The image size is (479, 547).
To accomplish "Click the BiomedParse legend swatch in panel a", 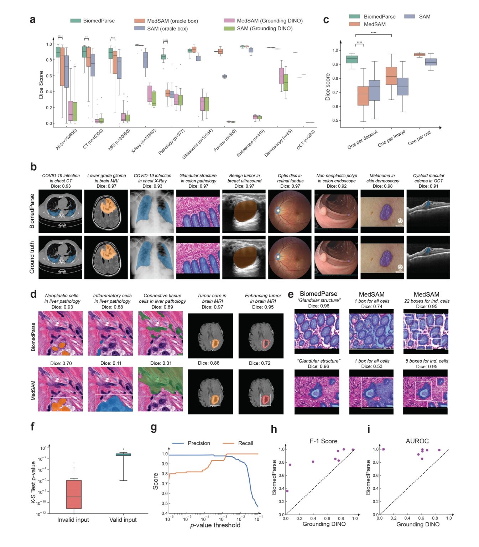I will pos(76,21).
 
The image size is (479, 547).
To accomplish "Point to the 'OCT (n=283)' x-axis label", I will pos(306,140).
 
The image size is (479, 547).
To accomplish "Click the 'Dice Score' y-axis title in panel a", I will pos(41,85).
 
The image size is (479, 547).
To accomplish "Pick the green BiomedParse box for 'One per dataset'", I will pos(352,59).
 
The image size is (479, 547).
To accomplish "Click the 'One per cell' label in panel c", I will pos(419,137).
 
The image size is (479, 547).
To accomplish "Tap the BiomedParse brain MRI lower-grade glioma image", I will pos(106,211).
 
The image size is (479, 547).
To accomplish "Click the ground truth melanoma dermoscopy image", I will pos(382,257).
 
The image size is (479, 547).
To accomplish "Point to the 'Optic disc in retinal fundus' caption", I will pos(290,178).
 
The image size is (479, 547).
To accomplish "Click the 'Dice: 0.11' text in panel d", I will pos(111,363).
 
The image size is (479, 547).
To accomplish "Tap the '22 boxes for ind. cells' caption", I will pos(427,301).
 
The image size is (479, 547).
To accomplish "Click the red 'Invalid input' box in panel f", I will pos(74,494).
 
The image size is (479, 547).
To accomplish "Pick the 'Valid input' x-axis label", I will pos(123,520).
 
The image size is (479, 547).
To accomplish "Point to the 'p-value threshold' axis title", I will pos(215,525).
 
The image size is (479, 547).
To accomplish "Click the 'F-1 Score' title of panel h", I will pos(323,441).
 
